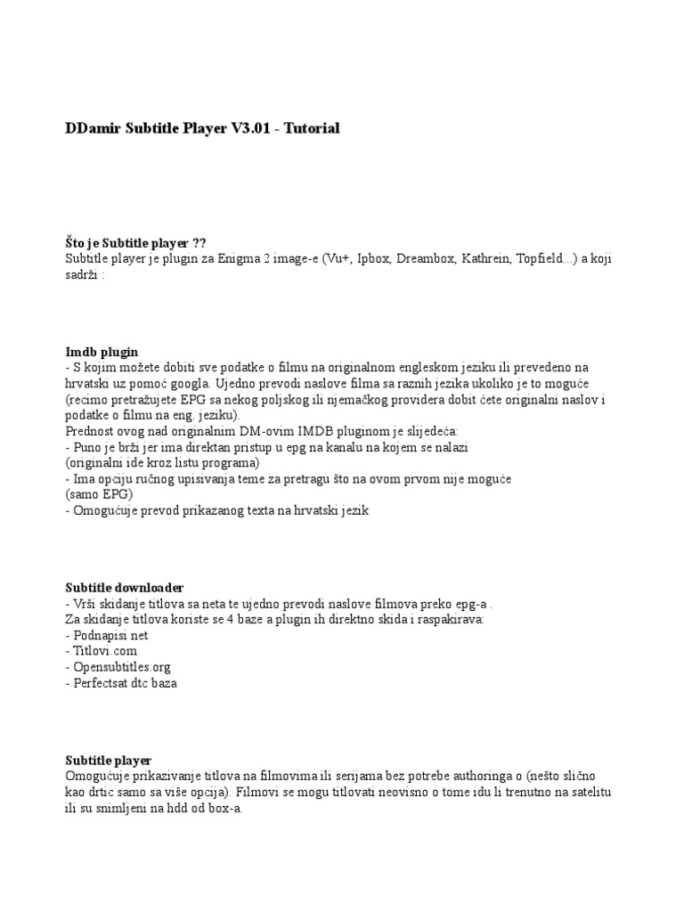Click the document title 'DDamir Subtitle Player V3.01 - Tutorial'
point(202,128)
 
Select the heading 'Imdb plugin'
point(102,352)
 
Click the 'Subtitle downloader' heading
point(125,588)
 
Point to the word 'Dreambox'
point(425,258)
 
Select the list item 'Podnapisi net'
point(105,635)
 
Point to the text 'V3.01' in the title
point(250,128)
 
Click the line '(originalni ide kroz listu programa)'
point(162,463)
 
